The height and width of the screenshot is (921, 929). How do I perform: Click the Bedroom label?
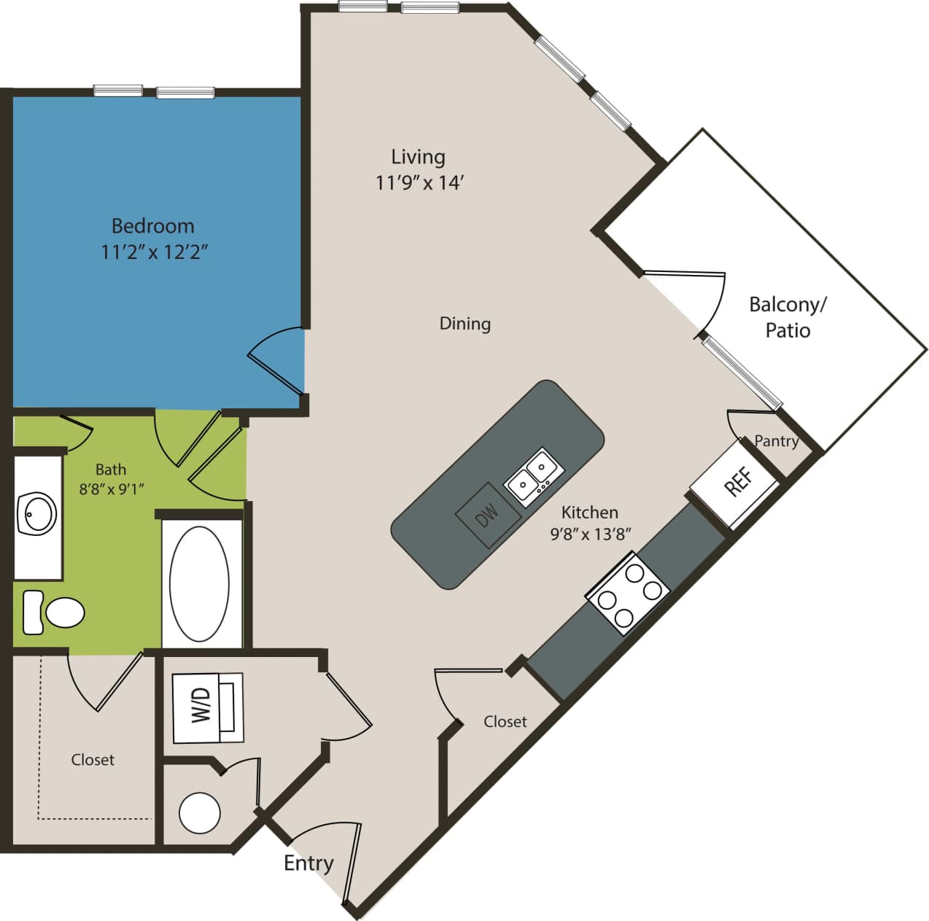[152, 225]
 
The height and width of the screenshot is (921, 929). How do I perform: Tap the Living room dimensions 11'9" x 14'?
[419, 182]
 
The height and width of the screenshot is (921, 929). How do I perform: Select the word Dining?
[464, 323]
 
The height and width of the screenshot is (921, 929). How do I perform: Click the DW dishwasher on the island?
[487, 514]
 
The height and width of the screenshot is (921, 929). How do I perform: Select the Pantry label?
[776, 440]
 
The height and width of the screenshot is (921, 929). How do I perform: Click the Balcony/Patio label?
[788, 317]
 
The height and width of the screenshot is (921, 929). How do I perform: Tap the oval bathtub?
[199, 583]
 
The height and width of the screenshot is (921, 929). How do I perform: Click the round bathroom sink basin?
[37, 513]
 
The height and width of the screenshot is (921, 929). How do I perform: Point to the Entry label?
[308, 863]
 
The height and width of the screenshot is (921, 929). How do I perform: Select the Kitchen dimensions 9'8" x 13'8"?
[590, 534]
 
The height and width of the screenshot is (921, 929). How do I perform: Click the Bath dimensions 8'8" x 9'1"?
[112, 489]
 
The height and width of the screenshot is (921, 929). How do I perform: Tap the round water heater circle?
[200, 813]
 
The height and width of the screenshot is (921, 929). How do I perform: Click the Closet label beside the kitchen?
[505, 721]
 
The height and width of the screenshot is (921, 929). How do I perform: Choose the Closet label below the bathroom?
[93, 760]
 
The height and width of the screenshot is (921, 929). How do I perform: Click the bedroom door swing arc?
[273, 354]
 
